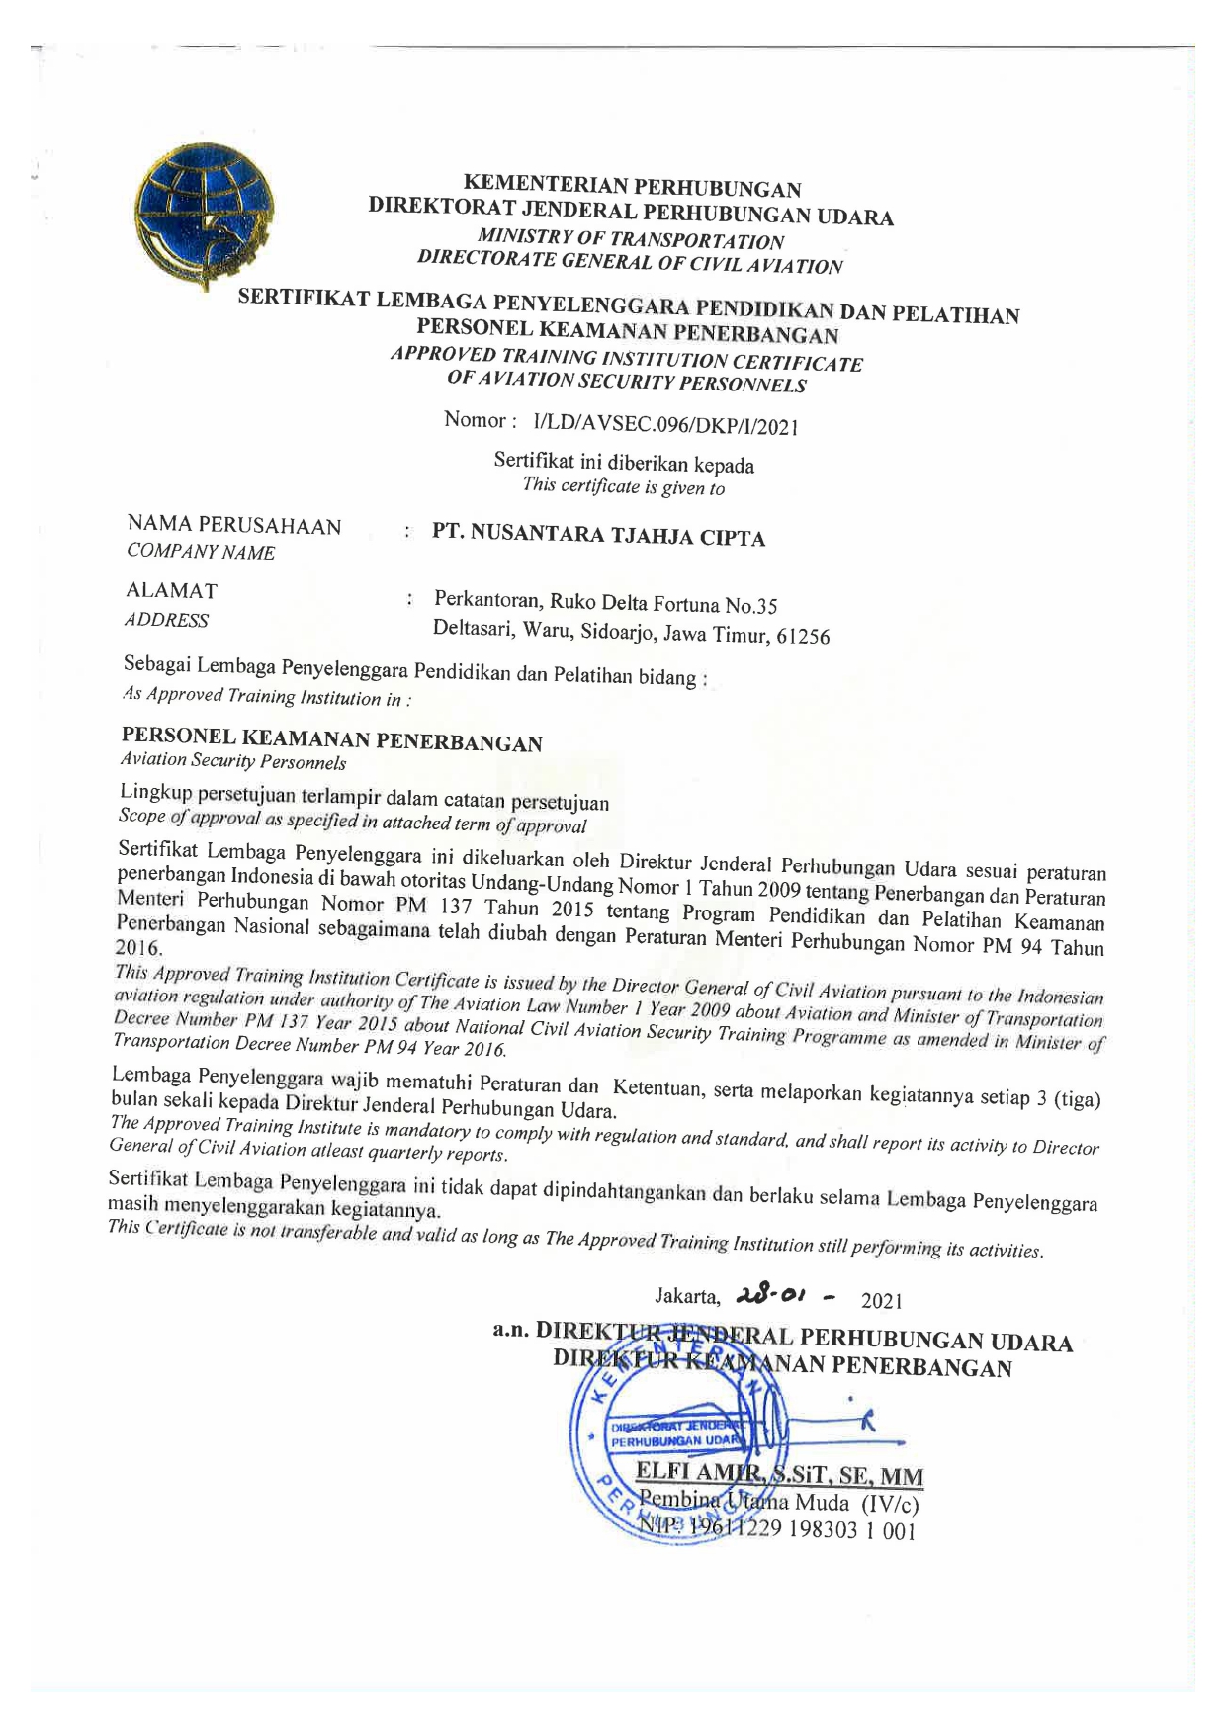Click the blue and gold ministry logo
[x=205, y=215]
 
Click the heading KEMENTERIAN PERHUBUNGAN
[x=632, y=186]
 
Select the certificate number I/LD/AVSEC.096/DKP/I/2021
[x=664, y=425]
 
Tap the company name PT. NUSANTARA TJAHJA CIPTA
[x=599, y=536]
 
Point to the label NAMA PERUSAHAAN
[x=234, y=526]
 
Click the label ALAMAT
[x=172, y=591]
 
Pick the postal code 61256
[x=802, y=637]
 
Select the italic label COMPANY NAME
[x=201, y=553]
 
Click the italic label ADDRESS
[x=166, y=621]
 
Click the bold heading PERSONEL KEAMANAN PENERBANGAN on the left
[x=331, y=739]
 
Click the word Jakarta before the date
[x=686, y=1296]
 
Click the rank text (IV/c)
[x=890, y=1506]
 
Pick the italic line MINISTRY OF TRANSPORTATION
[x=631, y=239]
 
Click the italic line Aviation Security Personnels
[x=232, y=761]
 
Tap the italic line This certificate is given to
[x=623, y=486]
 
